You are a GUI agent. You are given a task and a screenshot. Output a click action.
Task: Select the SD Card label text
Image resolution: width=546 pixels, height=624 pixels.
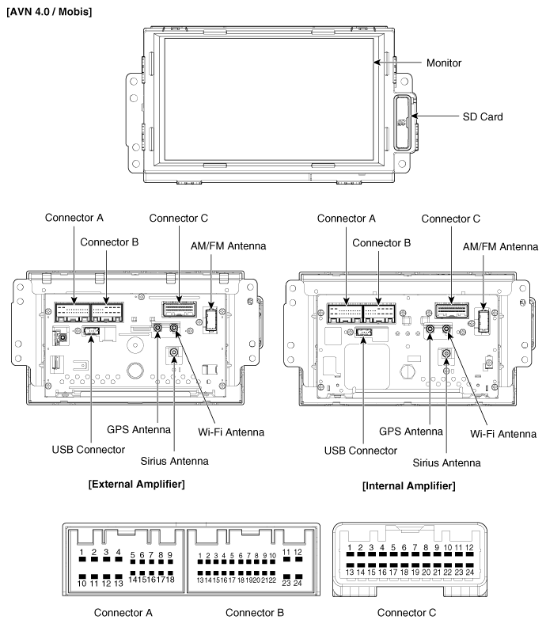(483, 116)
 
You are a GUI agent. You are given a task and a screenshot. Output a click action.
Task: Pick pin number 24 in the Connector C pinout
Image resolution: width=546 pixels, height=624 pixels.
(469, 570)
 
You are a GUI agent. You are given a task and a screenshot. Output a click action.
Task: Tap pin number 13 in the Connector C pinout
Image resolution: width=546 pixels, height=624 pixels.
(349, 570)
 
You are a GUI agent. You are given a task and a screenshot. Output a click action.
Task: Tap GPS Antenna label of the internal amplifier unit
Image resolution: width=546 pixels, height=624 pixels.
(411, 431)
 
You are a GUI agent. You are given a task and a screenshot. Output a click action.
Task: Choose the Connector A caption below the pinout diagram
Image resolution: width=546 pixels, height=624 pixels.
(123, 612)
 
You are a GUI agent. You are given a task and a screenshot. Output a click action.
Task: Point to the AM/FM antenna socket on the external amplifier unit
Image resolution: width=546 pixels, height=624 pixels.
(210, 318)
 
